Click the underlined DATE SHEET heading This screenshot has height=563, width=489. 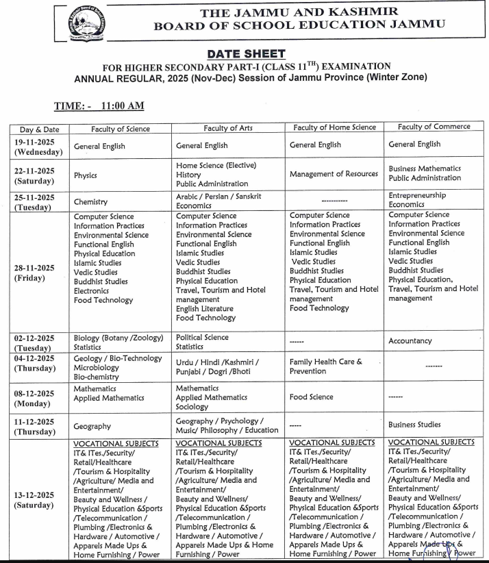point(244,53)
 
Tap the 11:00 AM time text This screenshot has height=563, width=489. point(122,106)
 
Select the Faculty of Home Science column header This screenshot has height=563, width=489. point(334,127)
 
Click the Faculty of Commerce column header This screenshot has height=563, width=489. point(434,127)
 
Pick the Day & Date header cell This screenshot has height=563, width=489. point(39,129)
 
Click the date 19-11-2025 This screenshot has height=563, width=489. point(39,141)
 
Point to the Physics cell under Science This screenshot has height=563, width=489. point(86,175)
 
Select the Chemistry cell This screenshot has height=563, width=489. point(90,202)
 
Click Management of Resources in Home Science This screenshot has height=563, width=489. point(334,174)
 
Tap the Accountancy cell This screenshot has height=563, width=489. point(410,341)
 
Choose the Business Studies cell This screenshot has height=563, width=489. point(414,425)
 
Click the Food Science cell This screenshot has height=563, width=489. point(312,397)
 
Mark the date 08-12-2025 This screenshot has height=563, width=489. point(39,392)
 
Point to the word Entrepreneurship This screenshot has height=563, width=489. point(417,195)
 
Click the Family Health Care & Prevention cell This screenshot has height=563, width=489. point(325,366)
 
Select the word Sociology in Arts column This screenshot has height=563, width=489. point(192,407)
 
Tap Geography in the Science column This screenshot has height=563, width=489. point(92,426)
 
